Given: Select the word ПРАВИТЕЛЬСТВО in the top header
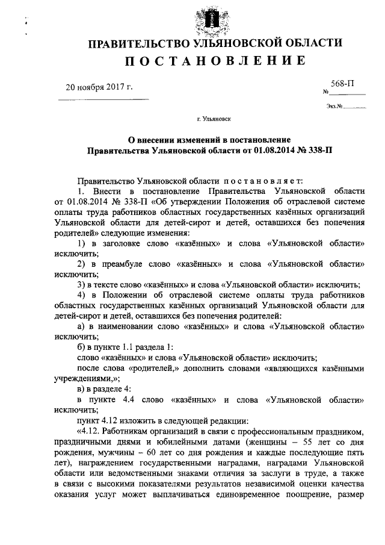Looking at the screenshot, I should (x=134, y=43).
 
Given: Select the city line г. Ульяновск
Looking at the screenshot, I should (x=214, y=120).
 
